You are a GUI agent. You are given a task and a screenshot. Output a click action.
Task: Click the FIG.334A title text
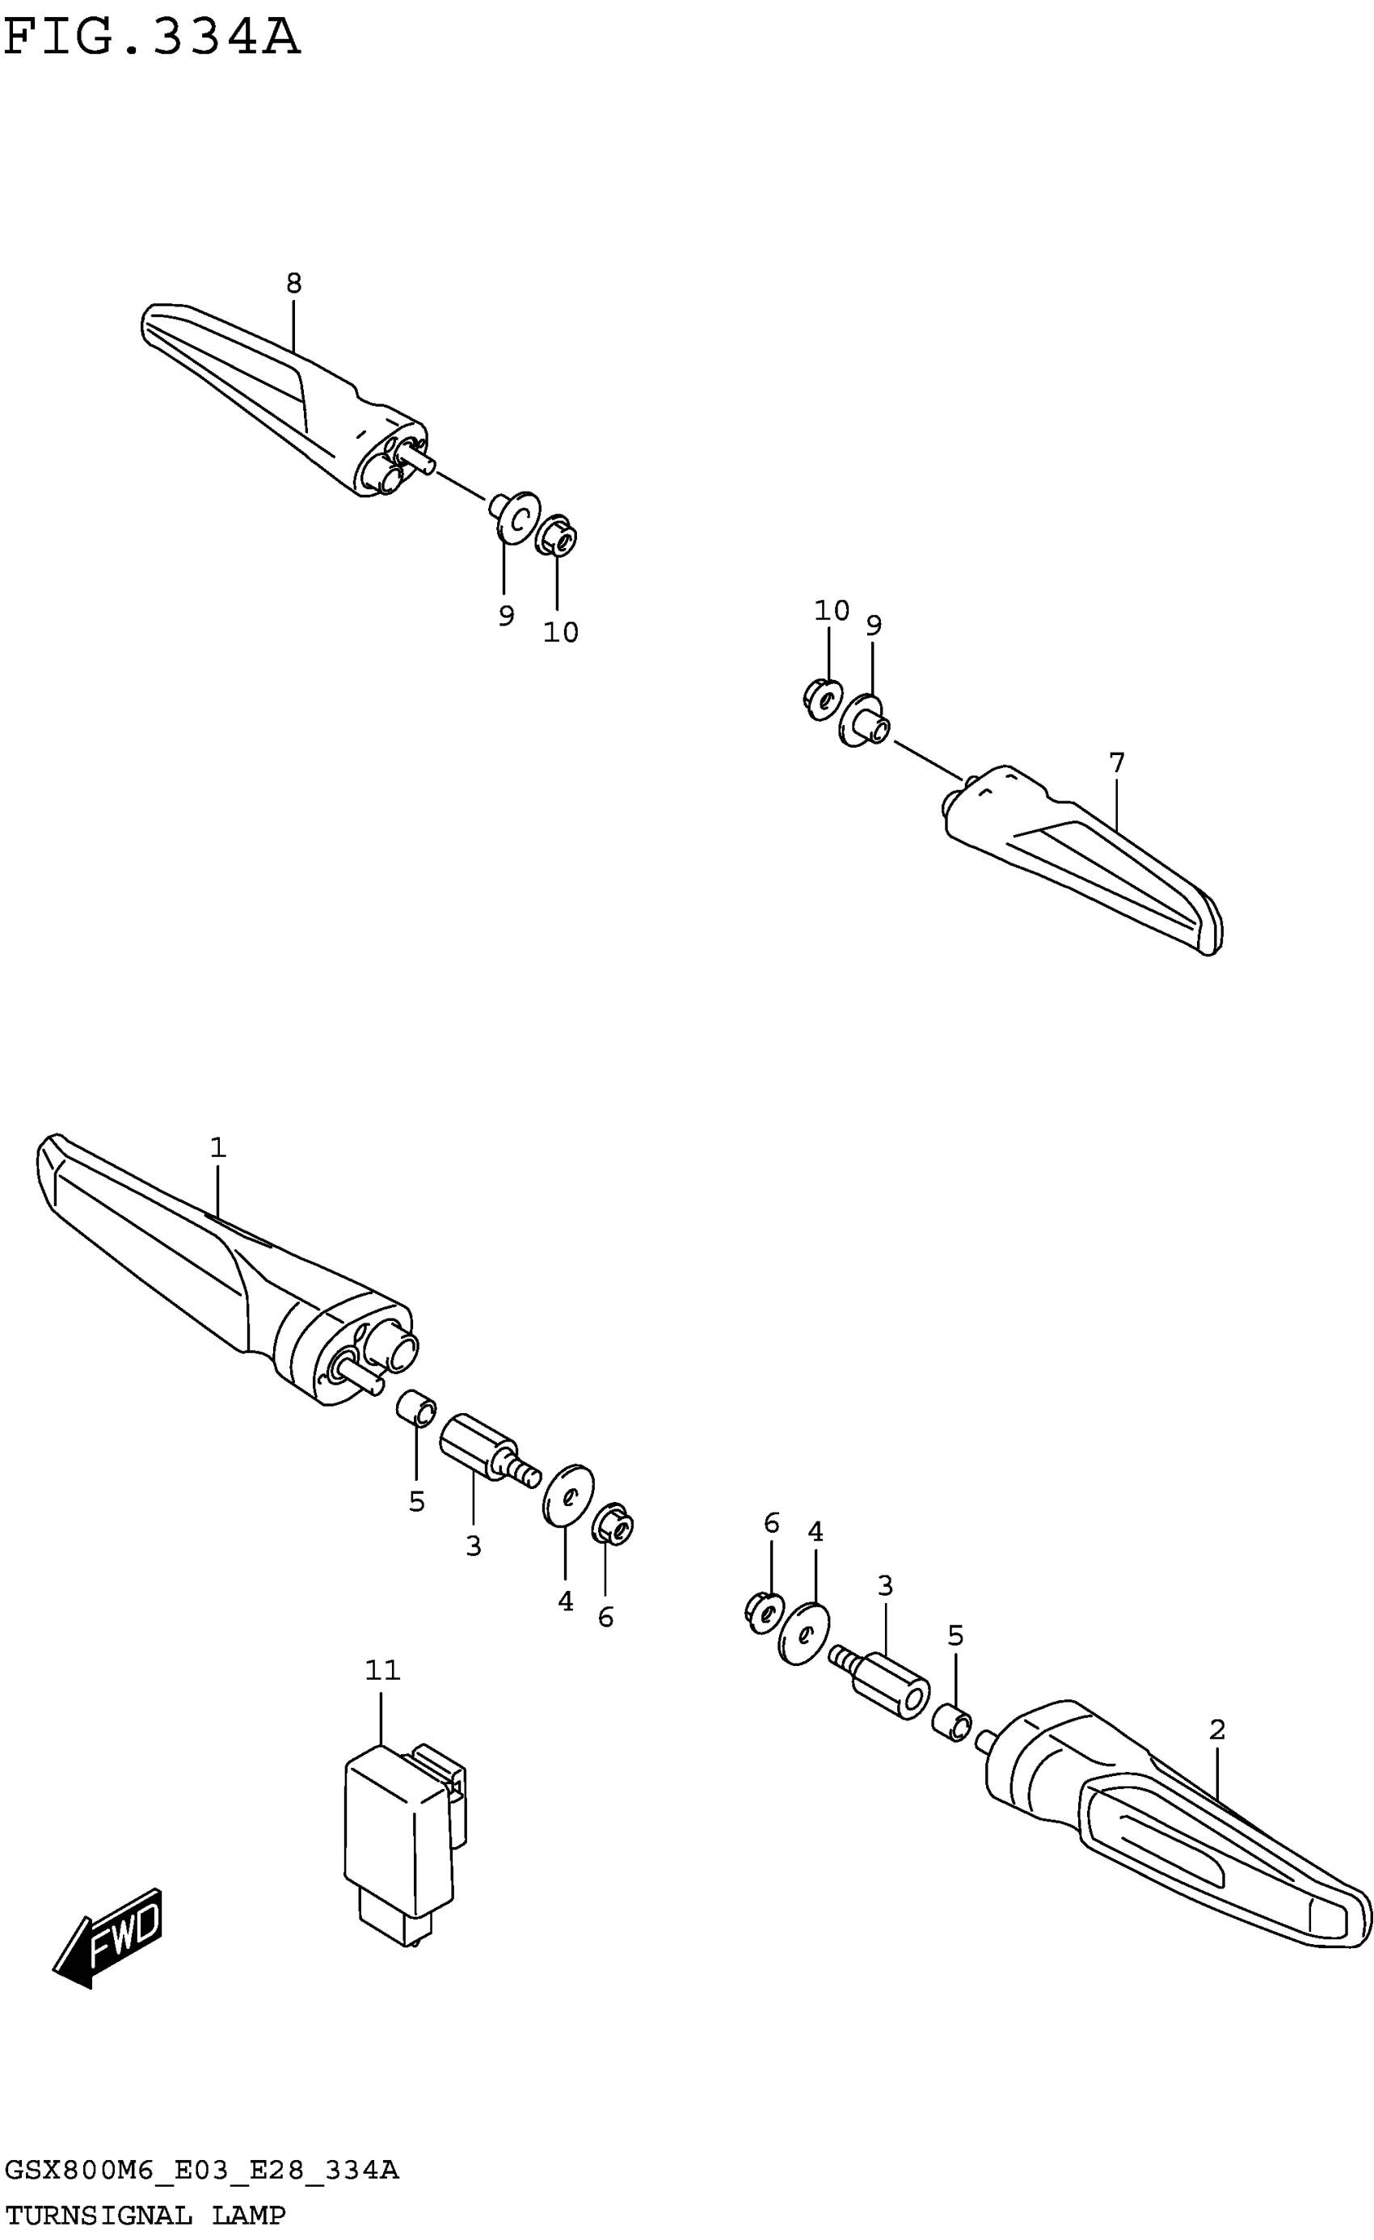click(152, 38)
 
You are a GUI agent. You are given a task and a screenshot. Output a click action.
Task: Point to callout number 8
click(293, 284)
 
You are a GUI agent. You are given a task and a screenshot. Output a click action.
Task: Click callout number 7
click(1117, 763)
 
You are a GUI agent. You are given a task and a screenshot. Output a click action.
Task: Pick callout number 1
click(217, 1148)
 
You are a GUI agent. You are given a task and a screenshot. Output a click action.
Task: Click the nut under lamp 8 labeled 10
click(557, 537)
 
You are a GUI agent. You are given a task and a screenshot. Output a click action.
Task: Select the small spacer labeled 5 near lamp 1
click(417, 1409)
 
